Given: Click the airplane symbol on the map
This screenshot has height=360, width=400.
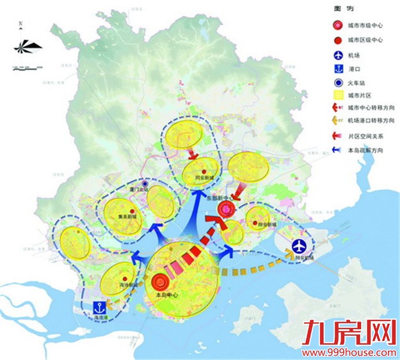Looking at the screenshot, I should (299, 247).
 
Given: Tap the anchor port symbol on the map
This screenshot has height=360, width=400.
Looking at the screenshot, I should (99, 307).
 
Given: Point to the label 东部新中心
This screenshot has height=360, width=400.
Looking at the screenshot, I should (221, 199).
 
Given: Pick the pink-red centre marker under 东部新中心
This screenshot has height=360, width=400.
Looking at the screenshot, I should (225, 210).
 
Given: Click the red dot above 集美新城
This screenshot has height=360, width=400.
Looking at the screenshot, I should (132, 210).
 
